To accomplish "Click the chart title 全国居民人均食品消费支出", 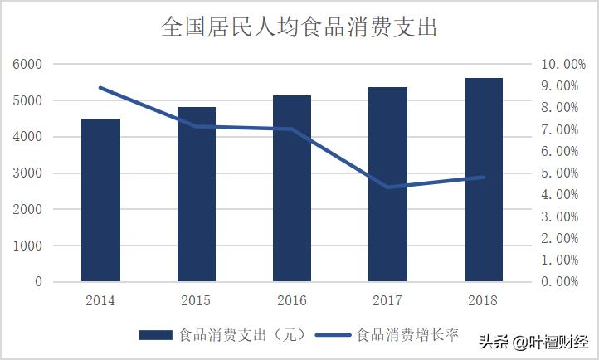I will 299,27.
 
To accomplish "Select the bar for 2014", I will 100,200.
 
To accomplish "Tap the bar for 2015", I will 197,194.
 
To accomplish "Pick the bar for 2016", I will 292,188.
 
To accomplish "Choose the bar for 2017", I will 387,184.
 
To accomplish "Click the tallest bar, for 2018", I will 484,179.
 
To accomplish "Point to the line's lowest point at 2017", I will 387,187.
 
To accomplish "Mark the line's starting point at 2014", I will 100,87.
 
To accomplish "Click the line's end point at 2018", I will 484,177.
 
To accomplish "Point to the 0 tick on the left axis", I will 37,282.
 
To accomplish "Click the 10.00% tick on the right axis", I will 562,65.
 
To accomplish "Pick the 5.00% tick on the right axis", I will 559,173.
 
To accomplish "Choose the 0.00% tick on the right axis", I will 559,282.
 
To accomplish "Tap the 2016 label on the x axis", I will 292,300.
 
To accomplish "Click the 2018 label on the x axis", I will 484,300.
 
